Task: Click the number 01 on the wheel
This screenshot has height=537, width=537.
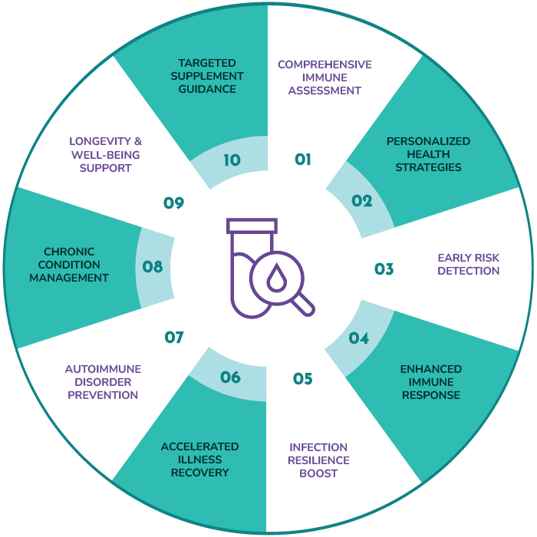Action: coord(303,160)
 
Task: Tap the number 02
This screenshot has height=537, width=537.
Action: coord(361,201)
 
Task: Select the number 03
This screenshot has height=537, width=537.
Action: coord(384,269)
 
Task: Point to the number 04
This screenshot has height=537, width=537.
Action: coord(358,338)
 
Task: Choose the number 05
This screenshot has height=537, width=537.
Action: coord(303,379)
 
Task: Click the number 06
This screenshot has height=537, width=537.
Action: coord(230,377)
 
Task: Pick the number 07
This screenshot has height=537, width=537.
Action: coord(174,338)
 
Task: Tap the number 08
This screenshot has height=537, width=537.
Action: coord(153,267)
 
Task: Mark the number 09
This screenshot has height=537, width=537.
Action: coord(173,203)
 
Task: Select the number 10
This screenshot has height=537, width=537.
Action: coord(232,160)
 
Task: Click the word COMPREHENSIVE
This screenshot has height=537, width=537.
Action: coord(325,64)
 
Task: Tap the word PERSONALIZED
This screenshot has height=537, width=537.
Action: coord(428,141)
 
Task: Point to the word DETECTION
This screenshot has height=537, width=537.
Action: coord(469,271)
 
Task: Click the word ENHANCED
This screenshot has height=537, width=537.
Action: coord(431,369)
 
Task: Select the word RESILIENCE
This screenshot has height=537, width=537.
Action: coord(318,460)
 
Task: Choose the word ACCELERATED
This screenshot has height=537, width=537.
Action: coord(200,446)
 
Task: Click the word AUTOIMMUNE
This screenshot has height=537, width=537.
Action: coord(103,369)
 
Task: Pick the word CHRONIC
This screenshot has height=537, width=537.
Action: coord(69,252)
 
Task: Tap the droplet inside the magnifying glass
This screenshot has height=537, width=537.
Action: coord(277,278)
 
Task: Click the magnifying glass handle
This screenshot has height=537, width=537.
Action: coord(303,305)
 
